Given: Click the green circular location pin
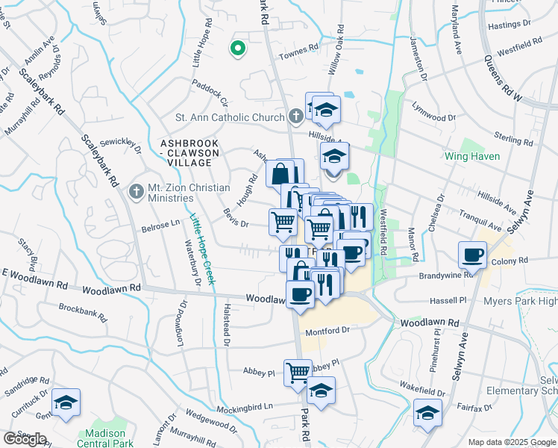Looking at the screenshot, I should pyautogui.click(x=238, y=49).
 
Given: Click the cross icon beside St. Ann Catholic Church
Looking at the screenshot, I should pyautogui.click(x=296, y=116).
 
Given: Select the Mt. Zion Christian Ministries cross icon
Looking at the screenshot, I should pyautogui.click(x=136, y=192).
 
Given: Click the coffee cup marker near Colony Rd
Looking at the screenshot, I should pyautogui.click(x=473, y=255).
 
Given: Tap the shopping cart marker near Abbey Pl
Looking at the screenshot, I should pyautogui.click(x=298, y=370).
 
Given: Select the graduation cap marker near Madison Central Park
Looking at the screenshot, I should pyautogui.click(x=66, y=403).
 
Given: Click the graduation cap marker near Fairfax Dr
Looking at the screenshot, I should pyautogui.click(x=427, y=412).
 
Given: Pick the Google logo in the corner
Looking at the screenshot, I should pyautogui.click(x=24, y=439).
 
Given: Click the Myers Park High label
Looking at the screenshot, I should pyautogui.click(x=521, y=302).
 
